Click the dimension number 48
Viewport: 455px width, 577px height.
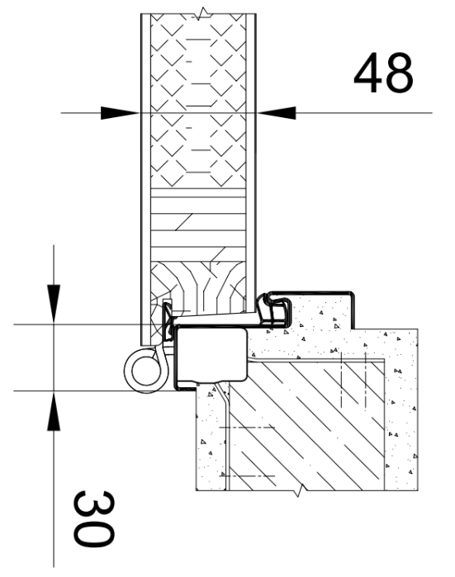383,73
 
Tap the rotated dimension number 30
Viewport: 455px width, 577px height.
93,518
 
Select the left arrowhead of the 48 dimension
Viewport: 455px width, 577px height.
120,113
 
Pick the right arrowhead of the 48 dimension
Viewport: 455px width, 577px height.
276,113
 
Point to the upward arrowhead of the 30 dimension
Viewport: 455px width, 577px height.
54,411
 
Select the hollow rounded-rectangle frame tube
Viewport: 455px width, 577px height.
211,355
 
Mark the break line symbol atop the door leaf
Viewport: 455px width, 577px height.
201,14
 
